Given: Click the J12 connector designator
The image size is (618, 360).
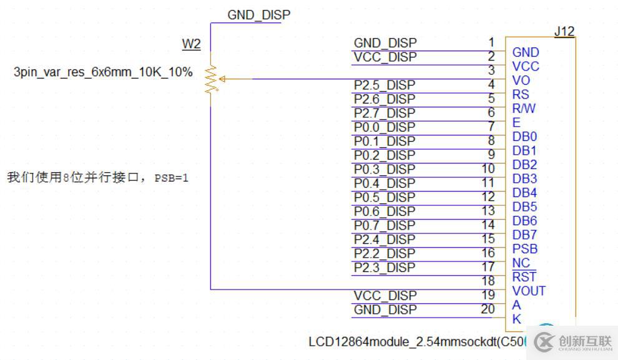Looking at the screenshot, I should click(x=564, y=31).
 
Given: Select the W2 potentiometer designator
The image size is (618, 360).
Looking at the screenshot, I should click(x=191, y=44).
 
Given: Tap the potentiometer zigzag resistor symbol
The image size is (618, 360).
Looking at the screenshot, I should click(x=211, y=79).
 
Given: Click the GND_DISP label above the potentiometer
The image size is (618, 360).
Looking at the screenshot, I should click(x=258, y=15).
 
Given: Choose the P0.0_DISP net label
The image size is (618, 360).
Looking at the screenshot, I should click(x=384, y=127).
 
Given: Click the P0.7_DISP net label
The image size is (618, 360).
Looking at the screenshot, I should click(x=384, y=225).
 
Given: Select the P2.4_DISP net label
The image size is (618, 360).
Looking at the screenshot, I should click(x=384, y=240).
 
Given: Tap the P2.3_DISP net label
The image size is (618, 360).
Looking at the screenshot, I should click(x=384, y=268).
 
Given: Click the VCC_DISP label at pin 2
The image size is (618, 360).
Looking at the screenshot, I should click(x=385, y=57).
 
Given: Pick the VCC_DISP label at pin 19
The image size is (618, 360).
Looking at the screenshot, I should click(x=385, y=296).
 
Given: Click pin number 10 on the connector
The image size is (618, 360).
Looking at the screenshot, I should click(x=488, y=168).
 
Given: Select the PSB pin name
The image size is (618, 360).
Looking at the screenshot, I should click(x=525, y=249).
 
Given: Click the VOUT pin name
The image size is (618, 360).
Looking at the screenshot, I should click(x=529, y=291).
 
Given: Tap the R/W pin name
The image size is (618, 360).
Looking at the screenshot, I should click(x=524, y=108).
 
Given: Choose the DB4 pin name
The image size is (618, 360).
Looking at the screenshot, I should click(x=524, y=193).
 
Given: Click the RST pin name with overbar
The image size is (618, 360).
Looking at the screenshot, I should click(x=524, y=277).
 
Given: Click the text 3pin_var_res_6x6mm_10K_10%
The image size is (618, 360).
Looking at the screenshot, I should click(x=103, y=72).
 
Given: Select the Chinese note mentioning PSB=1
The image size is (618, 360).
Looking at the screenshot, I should click(x=97, y=178).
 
